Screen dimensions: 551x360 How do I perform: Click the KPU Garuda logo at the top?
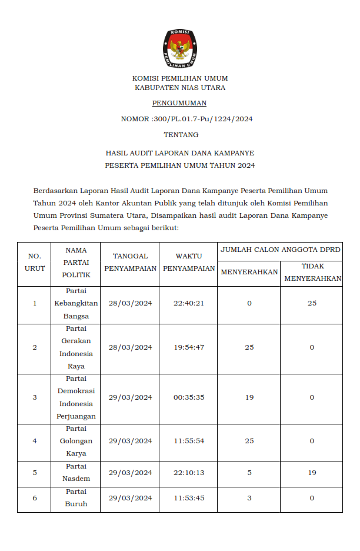click(x=179, y=47)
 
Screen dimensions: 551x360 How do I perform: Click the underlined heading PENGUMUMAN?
click(x=179, y=103)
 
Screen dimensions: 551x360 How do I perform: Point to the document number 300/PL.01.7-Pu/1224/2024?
click(x=202, y=119)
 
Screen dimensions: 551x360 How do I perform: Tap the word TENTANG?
click(x=179, y=135)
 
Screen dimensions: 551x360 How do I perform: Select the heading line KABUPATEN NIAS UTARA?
click(x=179, y=88)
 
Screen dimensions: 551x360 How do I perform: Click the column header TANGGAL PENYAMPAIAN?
click(x=130, y=263)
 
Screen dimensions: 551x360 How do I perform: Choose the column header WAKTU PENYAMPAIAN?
click(x=189, y=263)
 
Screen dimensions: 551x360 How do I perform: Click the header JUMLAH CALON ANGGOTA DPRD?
click(x=281, y=250)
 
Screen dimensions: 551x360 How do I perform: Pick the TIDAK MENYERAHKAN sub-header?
click(x=313, y=273)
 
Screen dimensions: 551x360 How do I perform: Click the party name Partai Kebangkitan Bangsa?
click(x=76, y=303)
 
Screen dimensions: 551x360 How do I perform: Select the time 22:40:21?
click(x=189, y=303)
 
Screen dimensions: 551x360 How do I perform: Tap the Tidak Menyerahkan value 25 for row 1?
click(x=312, y=303)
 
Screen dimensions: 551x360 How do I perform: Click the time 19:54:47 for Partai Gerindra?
click(x=189, y=347)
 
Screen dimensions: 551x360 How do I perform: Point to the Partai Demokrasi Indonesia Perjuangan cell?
click(x=76, y=397)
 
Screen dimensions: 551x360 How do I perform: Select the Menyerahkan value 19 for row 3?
click(x=249, y=397)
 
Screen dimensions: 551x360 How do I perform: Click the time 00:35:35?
click(x=189, y=397)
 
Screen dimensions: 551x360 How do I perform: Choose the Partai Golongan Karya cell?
click(x=76, y=441)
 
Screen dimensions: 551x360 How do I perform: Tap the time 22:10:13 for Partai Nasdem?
click(x=189, y=473)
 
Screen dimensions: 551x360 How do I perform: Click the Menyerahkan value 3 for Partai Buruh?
click(x=249, y=498)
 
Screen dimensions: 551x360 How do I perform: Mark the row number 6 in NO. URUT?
click(x=35, y=498)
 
